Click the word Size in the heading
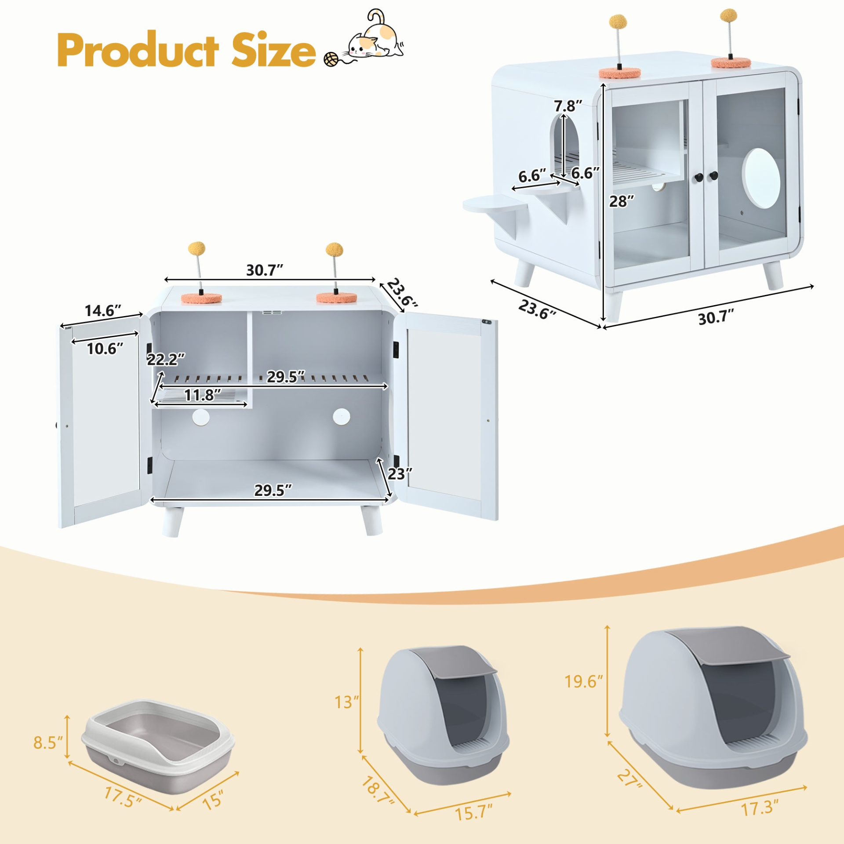(274, 50)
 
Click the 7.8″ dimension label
(568, 106)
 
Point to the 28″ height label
(622, 201)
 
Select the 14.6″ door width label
(103, 311)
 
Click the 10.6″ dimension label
(105, 349)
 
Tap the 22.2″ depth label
(166, 360)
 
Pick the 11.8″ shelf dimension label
(202, 395)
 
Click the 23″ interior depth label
(400, 474)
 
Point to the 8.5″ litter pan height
(48, 743)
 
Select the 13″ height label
(347, 702)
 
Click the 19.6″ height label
(584, 682)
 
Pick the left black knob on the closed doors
(698, 177)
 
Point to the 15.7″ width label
(474, 813)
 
